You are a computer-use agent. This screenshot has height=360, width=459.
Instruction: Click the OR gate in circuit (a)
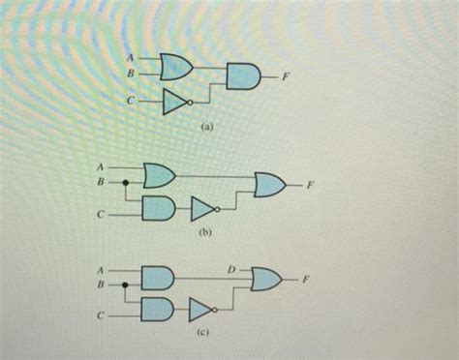tap(175, 66)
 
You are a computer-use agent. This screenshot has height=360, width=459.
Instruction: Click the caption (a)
tap(207, 126)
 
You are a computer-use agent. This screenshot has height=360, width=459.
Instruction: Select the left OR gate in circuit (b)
tap(158, 175)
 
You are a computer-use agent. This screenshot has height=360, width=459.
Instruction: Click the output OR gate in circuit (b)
tap(268, 183)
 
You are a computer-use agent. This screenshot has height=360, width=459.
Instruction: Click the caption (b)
tap(205, 233)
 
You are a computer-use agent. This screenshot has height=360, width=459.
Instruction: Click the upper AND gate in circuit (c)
tap(156, 279)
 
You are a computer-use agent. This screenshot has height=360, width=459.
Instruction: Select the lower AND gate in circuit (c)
tap(156, 311)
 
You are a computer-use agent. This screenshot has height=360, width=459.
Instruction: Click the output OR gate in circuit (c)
tap(266, 281)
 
